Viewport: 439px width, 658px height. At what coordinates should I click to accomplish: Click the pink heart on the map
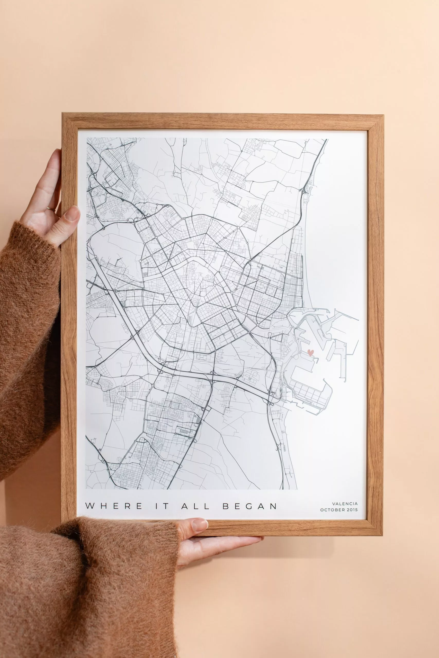tap(310, 352)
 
